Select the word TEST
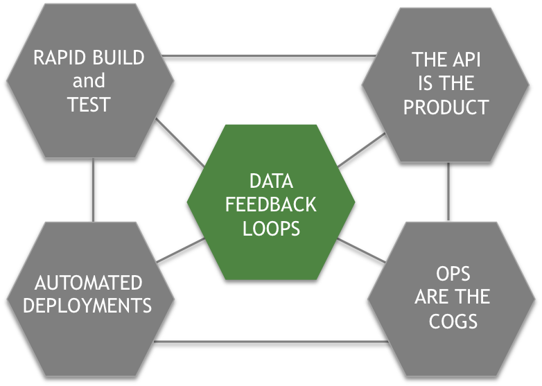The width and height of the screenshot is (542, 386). pyautogui.click(x=89, y=105)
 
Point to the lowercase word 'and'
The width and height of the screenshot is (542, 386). pyautogui.click(x=89, y=81)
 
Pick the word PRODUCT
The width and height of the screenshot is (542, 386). pyautogui.click(x=446, y=107)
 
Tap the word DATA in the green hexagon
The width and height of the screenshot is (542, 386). pyautogui.click(x=271, y=182)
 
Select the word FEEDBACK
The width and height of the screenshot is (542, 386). pyautogui.click(x=271, y=205)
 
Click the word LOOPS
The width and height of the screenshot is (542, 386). pyautogui.click(x=271, y=229)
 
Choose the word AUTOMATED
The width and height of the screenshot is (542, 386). pyautogui.click(x=88, y=283)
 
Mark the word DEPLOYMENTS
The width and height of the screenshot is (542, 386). pyautogui.click(x=87, y=306)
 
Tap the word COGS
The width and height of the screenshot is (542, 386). pyautogui.click(x=452, y=321)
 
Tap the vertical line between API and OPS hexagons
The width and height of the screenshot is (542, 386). pyautogui.click(x=448, y=191)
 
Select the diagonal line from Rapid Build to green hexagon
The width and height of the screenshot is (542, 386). pyautogui.click(x=179, y=143)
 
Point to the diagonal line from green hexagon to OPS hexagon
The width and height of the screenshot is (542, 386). pyautogui.click(x=362, y=250)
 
